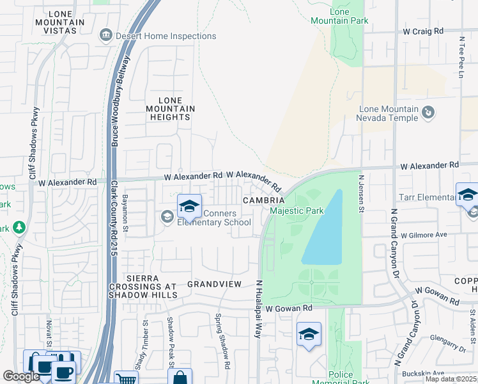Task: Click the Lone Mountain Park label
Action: [349, 16]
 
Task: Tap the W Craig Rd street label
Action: [422, 31]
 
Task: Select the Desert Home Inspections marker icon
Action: [106, 36]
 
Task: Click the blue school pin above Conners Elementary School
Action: [189, 206]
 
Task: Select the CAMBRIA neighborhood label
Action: [263, 200]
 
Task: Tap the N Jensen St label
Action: [361, 191]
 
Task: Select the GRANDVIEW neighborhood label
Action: [214, 284]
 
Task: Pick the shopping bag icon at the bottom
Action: [180, 378]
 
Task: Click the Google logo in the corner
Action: [21, 376]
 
